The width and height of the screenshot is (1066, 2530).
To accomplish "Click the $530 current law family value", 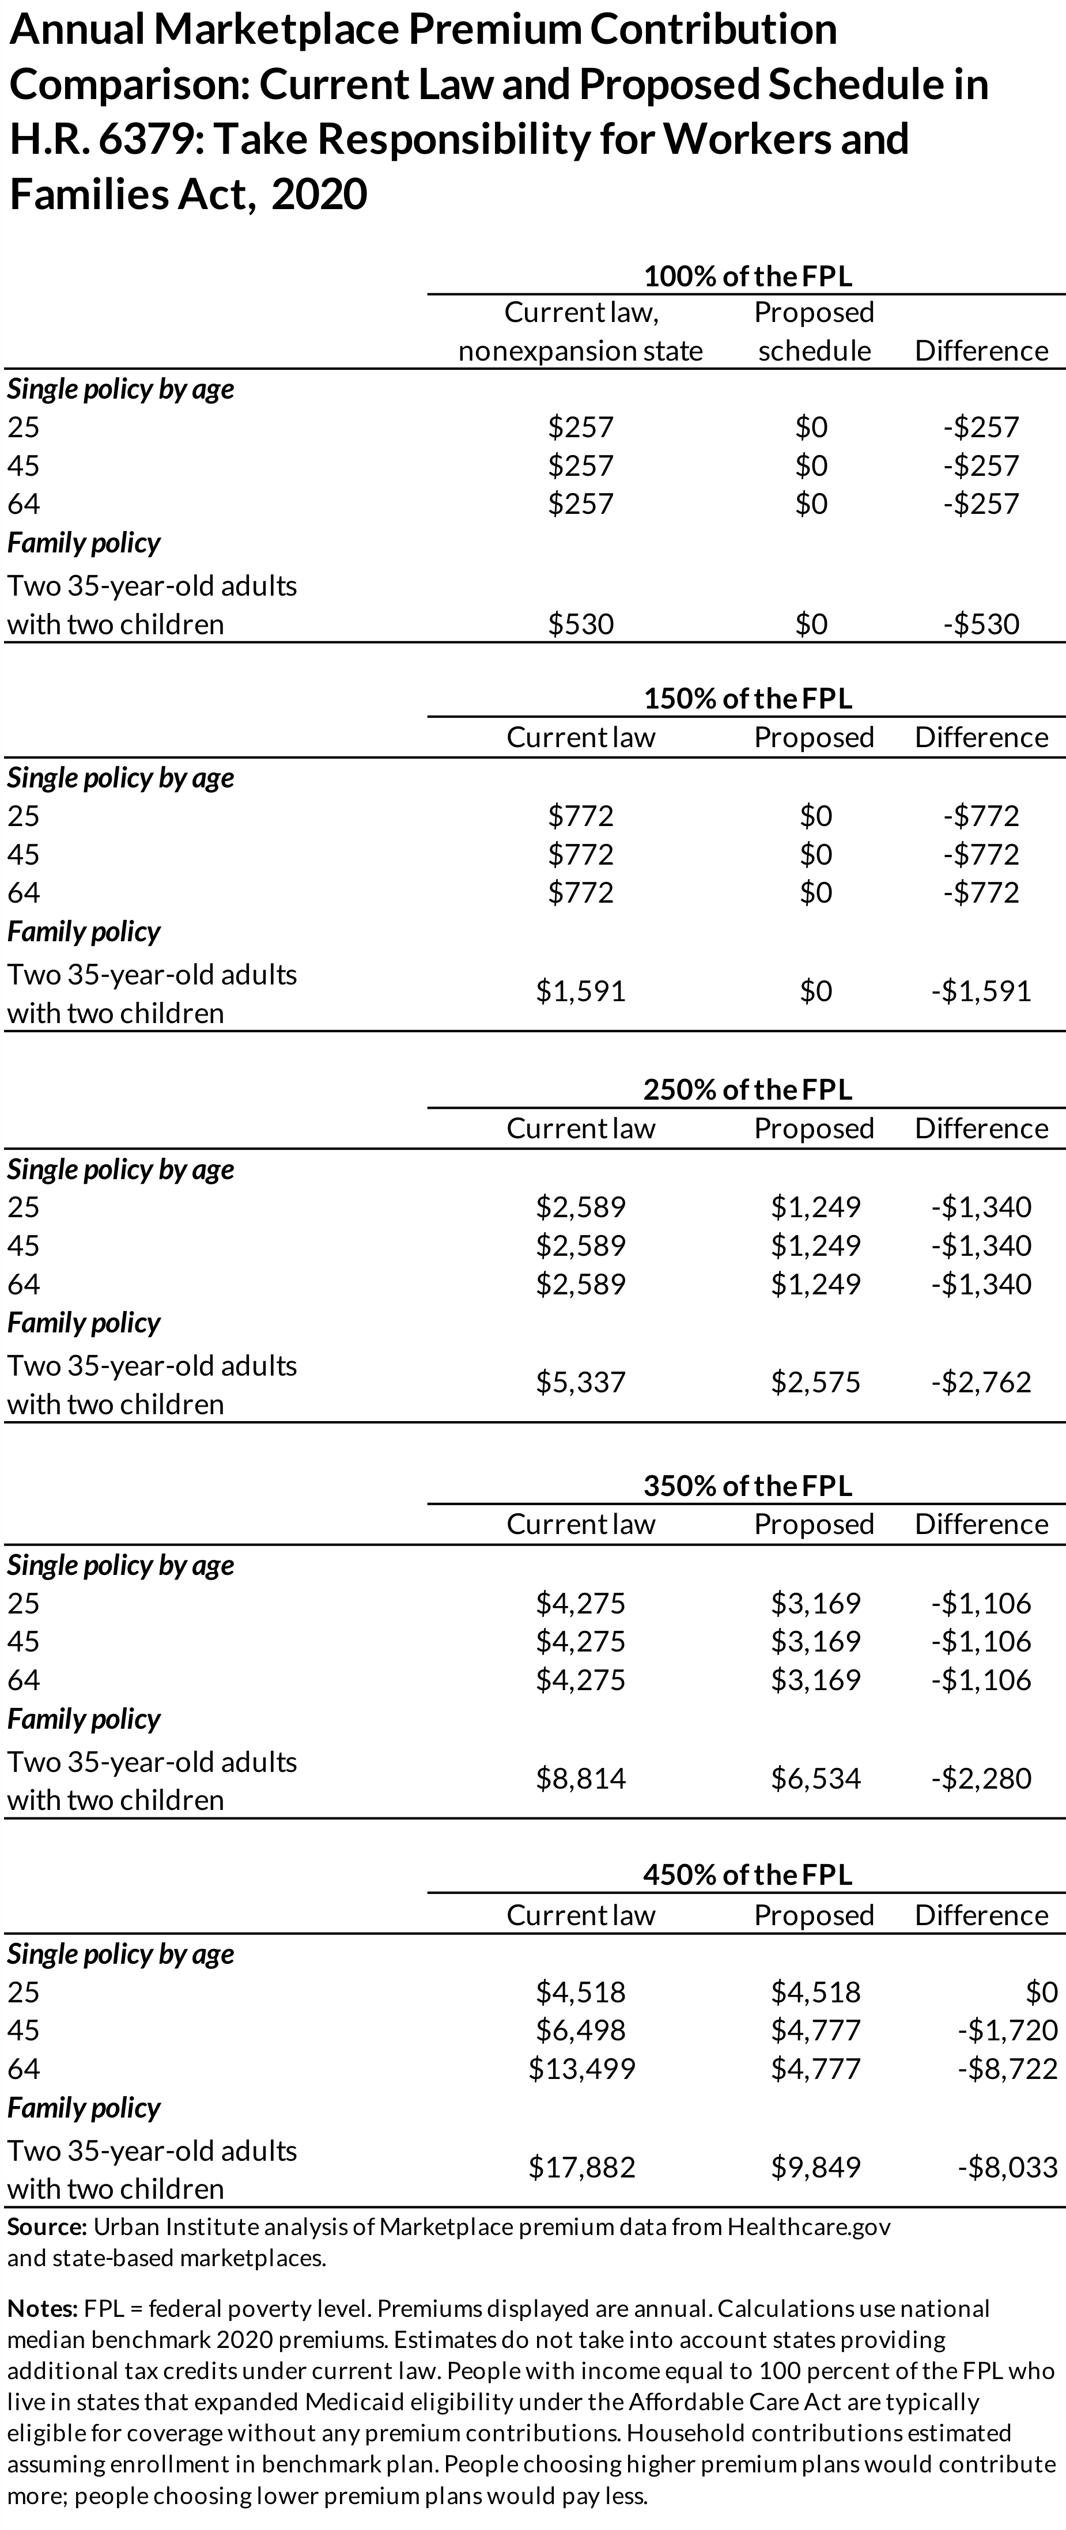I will pyautogui.click(x=581, y=624).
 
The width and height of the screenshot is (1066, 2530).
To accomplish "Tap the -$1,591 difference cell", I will pyautogui.click(x=981, y=991).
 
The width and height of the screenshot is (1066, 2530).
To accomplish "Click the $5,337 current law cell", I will pyautogui.click(x=581, y=1382).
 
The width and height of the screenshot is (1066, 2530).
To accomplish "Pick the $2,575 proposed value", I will pyautogui.click(x=815, y=1382).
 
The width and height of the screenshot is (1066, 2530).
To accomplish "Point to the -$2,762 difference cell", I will pyautogui.click(x=981, y=1382).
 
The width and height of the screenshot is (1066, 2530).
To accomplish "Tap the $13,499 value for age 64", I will pyautogui.click(x=581, y=2069).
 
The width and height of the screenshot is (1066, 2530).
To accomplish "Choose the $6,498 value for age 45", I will pyautogui.click(x=581, y=2030).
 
